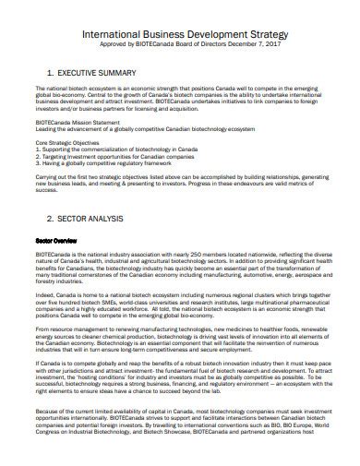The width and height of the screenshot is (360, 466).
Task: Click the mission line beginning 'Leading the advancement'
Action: point(138,128)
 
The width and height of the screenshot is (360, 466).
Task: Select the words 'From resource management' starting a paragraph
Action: point(67,328)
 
